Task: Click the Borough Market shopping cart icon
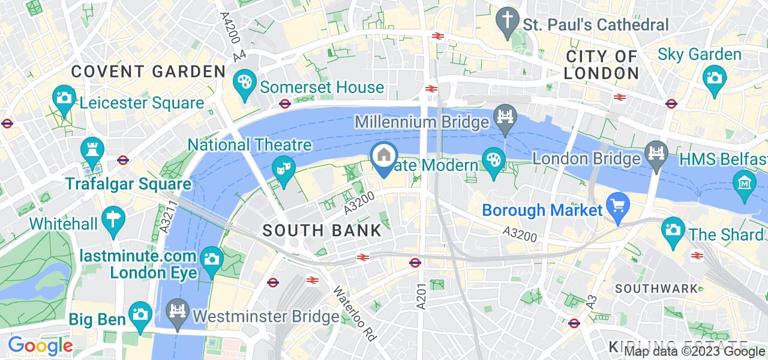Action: (x=616, y=203)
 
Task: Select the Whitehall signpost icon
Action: (x=112, y=217)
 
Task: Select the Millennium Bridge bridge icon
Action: (x=505, y=115)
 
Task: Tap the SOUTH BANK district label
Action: (x=322, y=230)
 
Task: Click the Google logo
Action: (x=40, y=346)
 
